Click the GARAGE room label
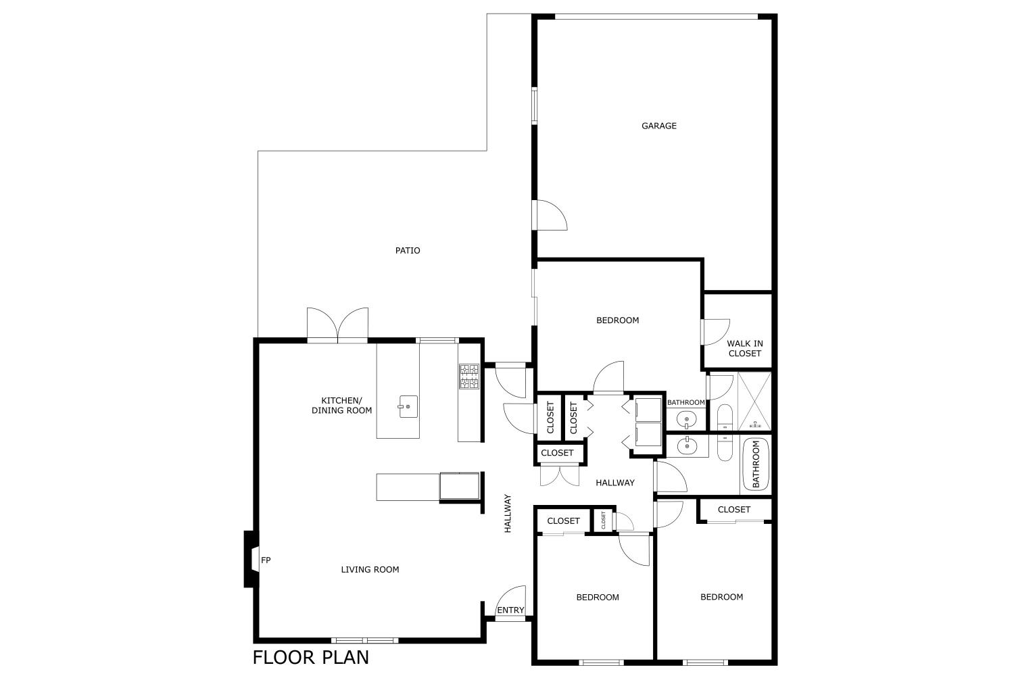point(658,126)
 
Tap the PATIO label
point(408,250)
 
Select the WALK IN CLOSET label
point(745,348)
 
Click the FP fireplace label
point(266,560)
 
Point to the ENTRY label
point(510,610)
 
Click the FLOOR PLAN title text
point(310,658)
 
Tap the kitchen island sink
point(408,406)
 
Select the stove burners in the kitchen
point(469,377)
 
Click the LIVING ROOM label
point(370,570)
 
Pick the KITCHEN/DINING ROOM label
point(342,405)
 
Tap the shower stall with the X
point(754,401)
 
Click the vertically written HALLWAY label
point(508,514)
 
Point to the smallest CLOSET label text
point(603,521)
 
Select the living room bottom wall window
point(365,640)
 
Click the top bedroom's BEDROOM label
point(617,320)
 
